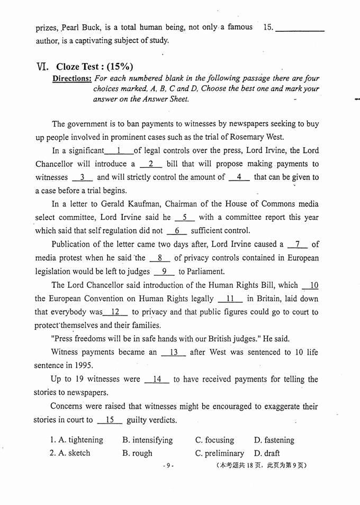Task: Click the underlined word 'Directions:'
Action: tap(72, 78)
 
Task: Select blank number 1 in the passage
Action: tap(119, 150)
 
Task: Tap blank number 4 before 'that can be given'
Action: tap(239, 177)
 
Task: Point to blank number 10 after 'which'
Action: tap(311, 285)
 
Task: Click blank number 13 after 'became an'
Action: tap(172, 352)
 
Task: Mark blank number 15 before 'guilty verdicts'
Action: tap(110, 420)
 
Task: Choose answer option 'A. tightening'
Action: tap(76, 440)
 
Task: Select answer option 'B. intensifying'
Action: tap(147, 440)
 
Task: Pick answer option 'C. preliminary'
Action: tap(220, 453)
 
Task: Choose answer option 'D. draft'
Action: tap(267, 453)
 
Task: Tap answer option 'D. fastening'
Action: tap(274, 440)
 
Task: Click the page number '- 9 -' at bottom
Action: tap(168, 466)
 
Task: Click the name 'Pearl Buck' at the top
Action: tap(78, 27)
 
